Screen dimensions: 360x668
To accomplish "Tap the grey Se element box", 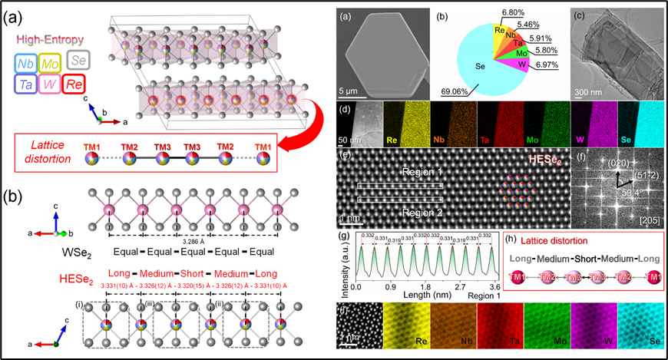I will (78, 59).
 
